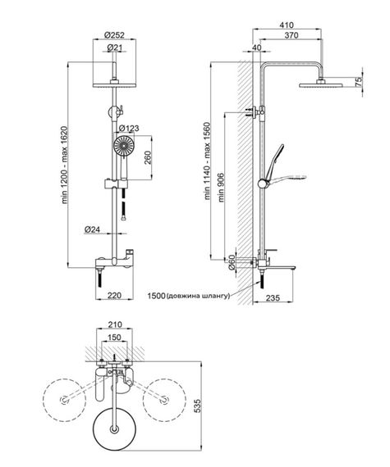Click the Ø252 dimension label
pyautogui.click(x=114, y=35)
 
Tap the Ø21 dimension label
pyautogui.click(x=115, y=48)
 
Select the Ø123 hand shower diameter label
pyautogui.click(x=129, y=129)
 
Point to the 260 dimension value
pyautogui.click(x=148, y=157)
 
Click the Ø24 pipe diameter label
pyautogui.click(x=92, y=229)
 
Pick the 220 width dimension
pyautogui.click(x=114, y=295)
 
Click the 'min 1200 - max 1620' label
pyautogui.click(x=65, y=165)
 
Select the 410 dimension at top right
pyautogui.click(x=287, y=25)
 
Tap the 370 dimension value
pyautogui.click(x=291, y=35)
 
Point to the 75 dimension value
pyautogui.click(x=358, y=82)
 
